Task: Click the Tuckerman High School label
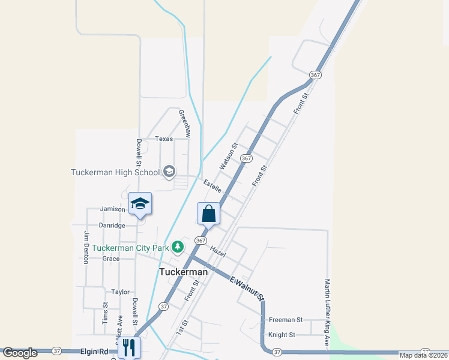[115, 172]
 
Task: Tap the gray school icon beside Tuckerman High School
[169, 172]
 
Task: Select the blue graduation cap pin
[140, 204]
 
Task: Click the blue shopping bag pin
[208, 214]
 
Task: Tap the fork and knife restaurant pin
[129, 347]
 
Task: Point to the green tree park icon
[178, 247]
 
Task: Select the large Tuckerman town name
[183, 272]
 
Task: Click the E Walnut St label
[248, 288]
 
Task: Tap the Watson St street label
[229, 155]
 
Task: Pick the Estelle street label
[212, 186]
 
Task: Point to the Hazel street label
[218, 251]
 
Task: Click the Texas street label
[164, 139]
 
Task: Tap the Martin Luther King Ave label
[328, 312]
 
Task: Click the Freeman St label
[286, 320]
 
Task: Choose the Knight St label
[282, 335]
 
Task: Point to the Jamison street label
[112, 209]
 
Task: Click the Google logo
[20, 353]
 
